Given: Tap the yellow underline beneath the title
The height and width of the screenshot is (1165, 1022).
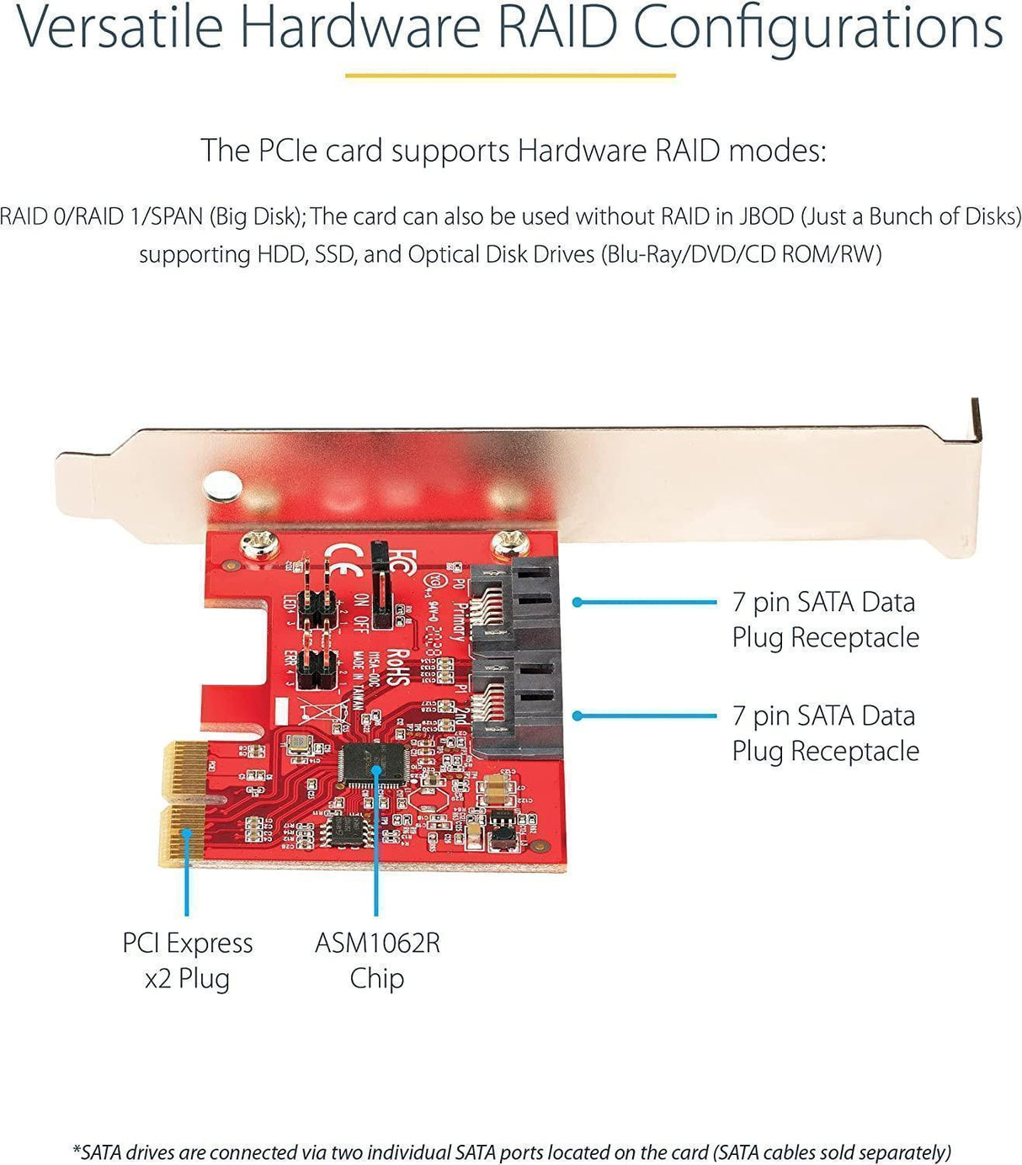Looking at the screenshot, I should click(x=510, y=76).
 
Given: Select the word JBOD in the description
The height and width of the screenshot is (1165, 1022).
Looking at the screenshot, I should click(x=765, y=216).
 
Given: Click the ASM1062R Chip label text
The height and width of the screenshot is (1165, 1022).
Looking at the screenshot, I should click(x=377, y=960).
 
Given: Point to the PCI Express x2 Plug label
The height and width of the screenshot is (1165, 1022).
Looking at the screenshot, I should click(x=187, y=960).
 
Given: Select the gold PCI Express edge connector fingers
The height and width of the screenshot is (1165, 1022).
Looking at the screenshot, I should click(x=184, y=803).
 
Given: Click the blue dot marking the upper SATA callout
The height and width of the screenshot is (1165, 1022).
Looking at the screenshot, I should click(x=578, y=602).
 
